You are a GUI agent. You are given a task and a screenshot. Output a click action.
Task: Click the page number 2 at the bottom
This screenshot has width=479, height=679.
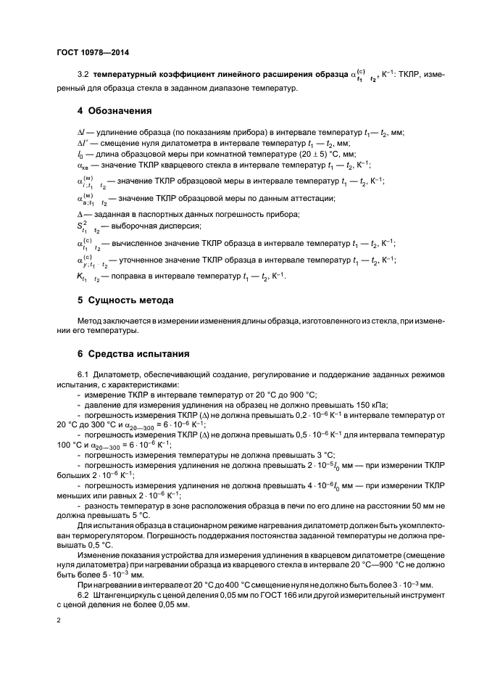tap(59, 621)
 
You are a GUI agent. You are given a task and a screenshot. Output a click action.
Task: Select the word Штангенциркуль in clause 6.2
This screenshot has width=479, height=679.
tap(125, 595)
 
